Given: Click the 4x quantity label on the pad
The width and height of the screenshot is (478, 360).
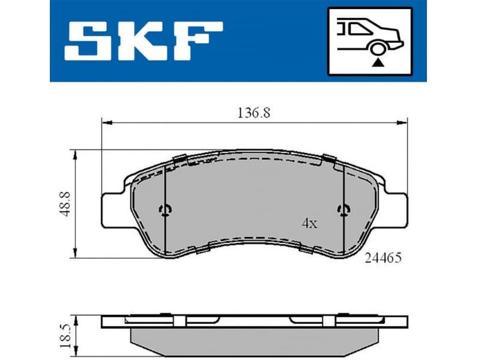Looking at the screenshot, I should [309, 224].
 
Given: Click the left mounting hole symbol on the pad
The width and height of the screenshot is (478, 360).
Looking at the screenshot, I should [165, 209].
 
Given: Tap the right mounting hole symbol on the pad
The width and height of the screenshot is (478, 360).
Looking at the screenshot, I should [343, 209].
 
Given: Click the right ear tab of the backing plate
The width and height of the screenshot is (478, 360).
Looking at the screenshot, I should [394, 210].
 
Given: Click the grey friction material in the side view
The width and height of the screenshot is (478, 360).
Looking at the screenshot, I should [252, 338].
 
